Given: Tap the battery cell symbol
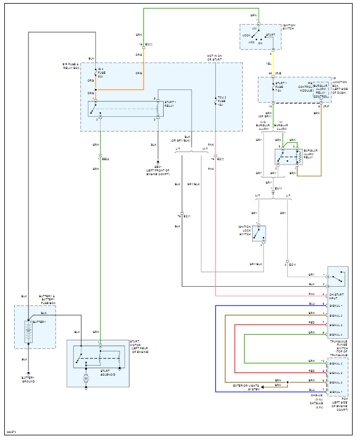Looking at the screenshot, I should pos(28,331).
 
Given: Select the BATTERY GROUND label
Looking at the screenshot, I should pos(28,380).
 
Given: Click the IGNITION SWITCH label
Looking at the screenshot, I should pos(289,27).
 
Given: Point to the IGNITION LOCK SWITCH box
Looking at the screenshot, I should pos(259,234).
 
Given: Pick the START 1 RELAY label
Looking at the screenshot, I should pos(169,104).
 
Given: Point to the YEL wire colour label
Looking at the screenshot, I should pos(269,63).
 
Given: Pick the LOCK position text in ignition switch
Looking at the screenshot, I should pos(246,36).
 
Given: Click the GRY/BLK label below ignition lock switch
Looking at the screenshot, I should pos(256,264).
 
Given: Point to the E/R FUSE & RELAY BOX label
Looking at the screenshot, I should pos(71,67).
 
